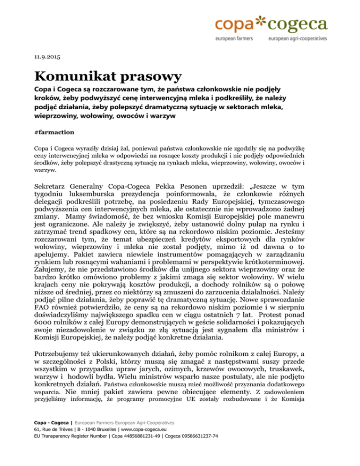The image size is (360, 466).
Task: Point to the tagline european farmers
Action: (233, 39)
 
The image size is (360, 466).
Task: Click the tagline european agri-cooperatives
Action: (298, 39)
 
